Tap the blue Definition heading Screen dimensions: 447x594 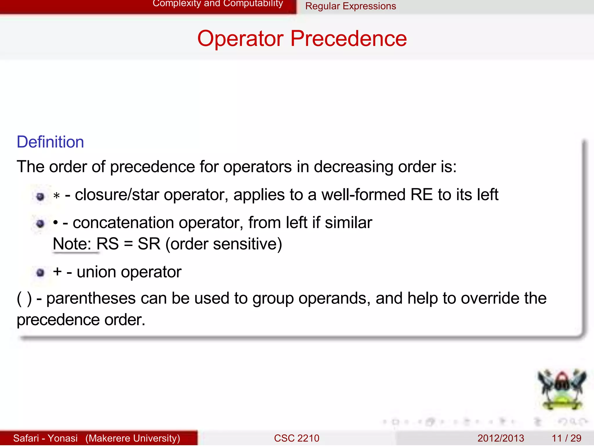click(50, 142)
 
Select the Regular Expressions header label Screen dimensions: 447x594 click(350, 6)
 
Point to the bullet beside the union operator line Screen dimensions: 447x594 click(40, 272)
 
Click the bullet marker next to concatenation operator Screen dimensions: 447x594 click(40, 223)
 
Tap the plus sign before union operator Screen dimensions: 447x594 click(57, 272)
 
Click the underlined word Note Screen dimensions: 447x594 click(72, 244)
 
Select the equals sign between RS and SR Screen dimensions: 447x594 click(128, 244)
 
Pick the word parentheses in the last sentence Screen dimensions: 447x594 click(91, 298)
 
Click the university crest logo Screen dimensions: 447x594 click(562, 390)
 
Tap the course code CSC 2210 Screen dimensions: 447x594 click(296, 438)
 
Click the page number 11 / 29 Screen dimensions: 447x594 click(566, 438)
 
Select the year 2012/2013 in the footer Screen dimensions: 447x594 click(501, 438)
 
